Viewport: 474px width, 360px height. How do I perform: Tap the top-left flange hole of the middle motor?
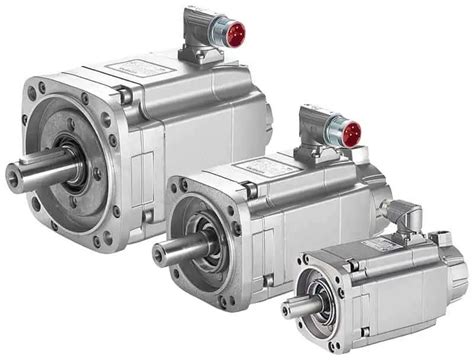click(x=182, y=189)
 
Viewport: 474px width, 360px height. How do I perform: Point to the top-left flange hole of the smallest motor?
click(x=304, y=265)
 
